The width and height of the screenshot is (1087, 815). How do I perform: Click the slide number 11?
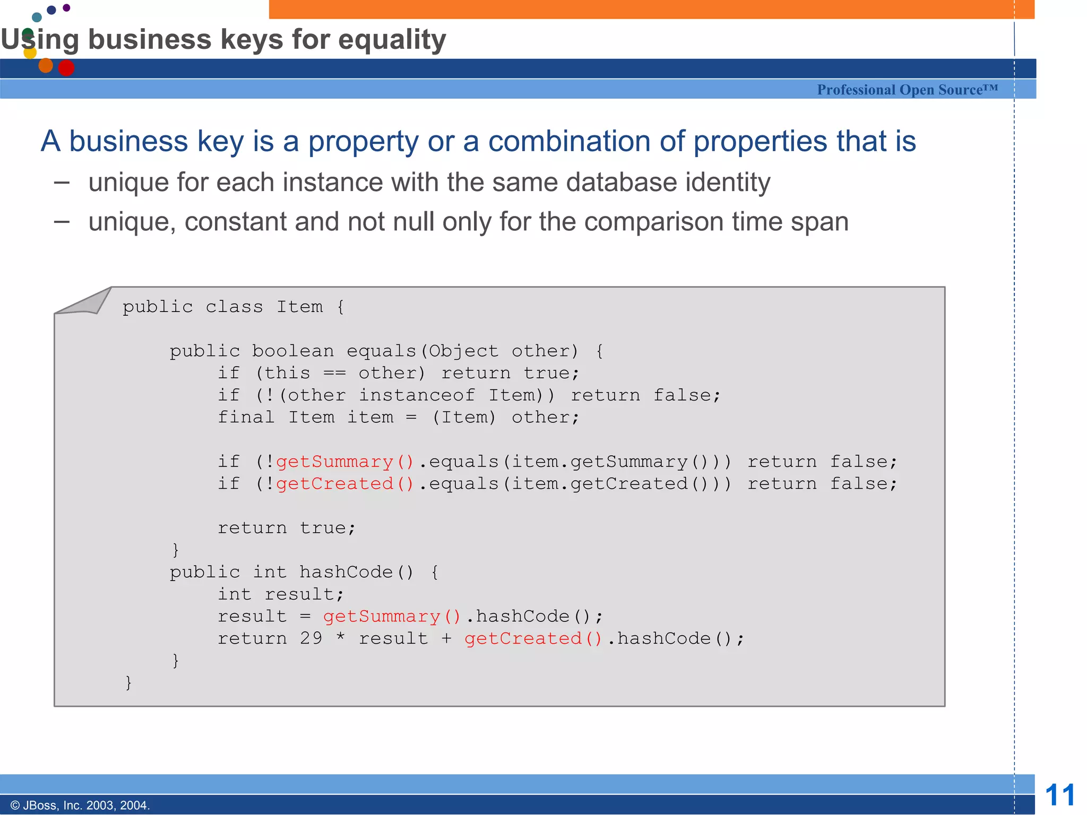click(1059, 795)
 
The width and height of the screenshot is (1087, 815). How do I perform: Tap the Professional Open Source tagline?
click(907, 90)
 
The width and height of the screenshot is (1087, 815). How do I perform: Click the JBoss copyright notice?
click(80, 805)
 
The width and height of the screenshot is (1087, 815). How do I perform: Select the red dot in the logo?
click(66, 68)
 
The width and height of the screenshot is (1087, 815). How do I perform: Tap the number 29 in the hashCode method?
click(311, 638)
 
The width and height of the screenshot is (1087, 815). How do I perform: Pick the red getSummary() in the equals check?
click(344, 462)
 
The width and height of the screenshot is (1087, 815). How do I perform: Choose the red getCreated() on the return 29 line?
click(533, 638)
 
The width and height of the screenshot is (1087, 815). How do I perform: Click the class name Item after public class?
click(299, 307)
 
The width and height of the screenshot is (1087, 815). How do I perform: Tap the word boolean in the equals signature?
click(293, 351)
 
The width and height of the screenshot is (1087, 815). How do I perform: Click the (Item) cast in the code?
click(464, 418)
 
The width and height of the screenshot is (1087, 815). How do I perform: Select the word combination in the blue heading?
click(570, 141)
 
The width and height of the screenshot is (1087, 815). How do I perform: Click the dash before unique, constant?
click(62, 222)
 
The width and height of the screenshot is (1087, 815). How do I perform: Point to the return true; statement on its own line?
click(286, 528)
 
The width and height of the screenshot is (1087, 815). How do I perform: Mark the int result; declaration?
click(281, 594)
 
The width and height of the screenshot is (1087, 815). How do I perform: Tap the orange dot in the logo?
click(46, 65)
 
